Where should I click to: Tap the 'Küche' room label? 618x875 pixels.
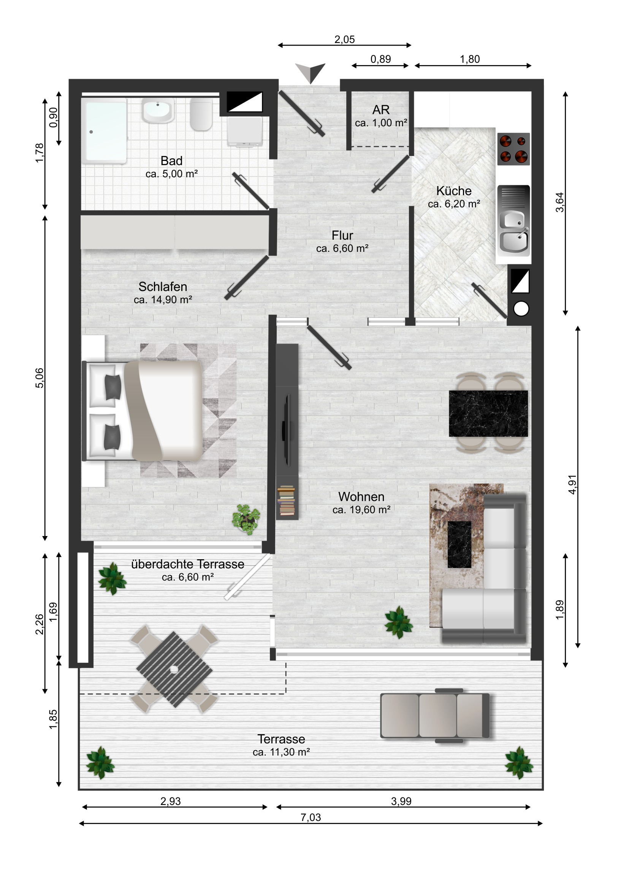click(453, 191)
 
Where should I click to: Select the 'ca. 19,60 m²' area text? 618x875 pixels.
click(361, 510)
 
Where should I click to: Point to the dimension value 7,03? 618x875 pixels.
click(311, 817)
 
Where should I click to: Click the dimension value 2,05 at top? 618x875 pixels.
click(344, 39)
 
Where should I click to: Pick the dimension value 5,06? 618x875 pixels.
click(40, 378)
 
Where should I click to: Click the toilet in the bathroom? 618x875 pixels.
click(201, 115)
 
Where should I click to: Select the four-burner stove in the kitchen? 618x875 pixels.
click(513, 149)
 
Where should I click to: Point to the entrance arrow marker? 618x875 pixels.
click(311, 72)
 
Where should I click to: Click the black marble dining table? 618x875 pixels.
click(488, 414)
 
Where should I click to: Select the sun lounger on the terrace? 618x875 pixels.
click(434, 715)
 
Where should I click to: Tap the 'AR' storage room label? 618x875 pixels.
click(380, 110)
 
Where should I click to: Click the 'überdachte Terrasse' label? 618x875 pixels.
click(187, 564)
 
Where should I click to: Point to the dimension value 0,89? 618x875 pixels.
click(380, 59)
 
